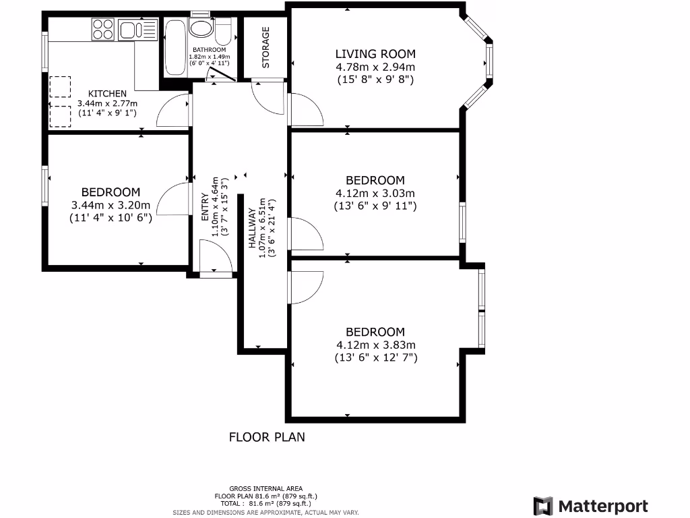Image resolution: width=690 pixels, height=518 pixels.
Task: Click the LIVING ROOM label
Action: point(375,54)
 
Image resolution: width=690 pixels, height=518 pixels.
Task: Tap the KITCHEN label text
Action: point(108,93)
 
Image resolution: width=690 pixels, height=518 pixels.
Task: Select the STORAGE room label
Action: point(265,48)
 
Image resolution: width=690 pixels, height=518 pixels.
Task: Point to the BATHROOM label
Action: point(209,50)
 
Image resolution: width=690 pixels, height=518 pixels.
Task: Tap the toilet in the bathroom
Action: point(223,30)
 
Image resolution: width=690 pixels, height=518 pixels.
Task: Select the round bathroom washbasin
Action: point(200,28)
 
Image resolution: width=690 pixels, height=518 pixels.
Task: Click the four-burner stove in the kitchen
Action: point(103,29)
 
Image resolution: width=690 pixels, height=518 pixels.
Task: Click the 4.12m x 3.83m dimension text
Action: point(375,345)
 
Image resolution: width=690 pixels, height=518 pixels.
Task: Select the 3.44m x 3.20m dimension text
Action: point(111,205)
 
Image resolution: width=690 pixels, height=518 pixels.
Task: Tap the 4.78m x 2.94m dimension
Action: point(375,67)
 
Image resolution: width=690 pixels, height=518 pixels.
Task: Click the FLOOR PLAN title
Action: point(267,437)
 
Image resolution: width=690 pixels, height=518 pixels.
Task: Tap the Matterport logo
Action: point(590,506)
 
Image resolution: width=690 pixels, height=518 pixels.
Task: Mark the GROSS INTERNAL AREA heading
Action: point(265,488)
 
